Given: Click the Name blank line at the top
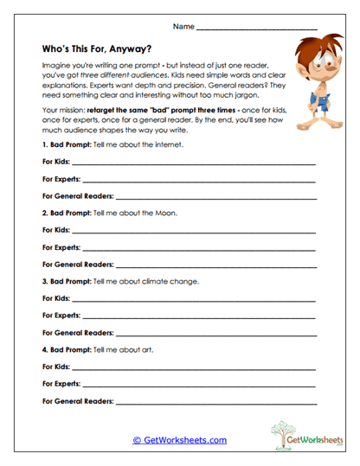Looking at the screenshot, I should click(x=256, y=30).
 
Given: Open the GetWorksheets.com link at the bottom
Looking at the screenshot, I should click(x=179, y=440).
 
